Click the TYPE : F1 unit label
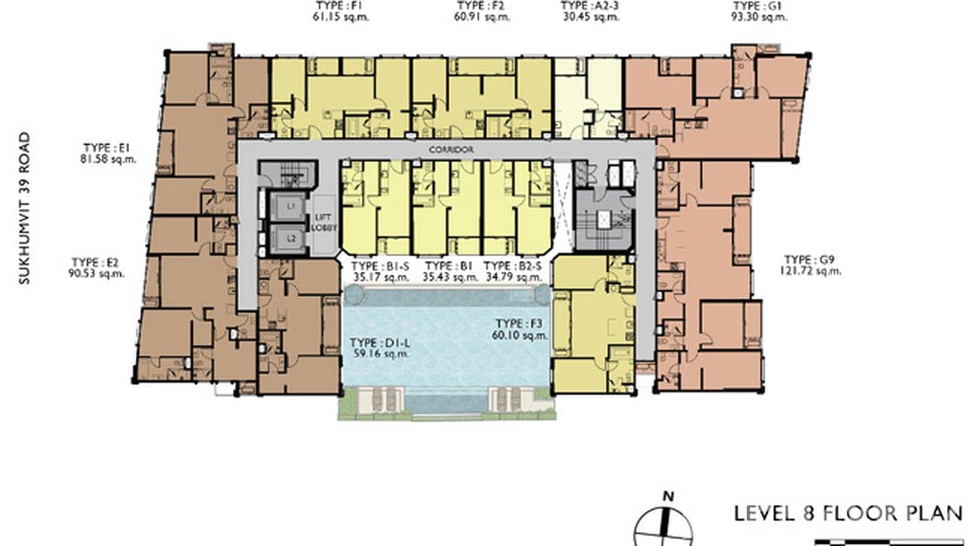(x=341, y=6)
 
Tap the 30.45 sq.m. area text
(x=591, y=17)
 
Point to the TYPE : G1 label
(x=758, y=6)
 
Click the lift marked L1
(x=291, y=207)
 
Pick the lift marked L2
(x=291, y=238)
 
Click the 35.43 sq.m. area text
(x=447, y=277)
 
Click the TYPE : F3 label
(x=520, y=324)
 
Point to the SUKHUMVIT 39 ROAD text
(x=25, y=208)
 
